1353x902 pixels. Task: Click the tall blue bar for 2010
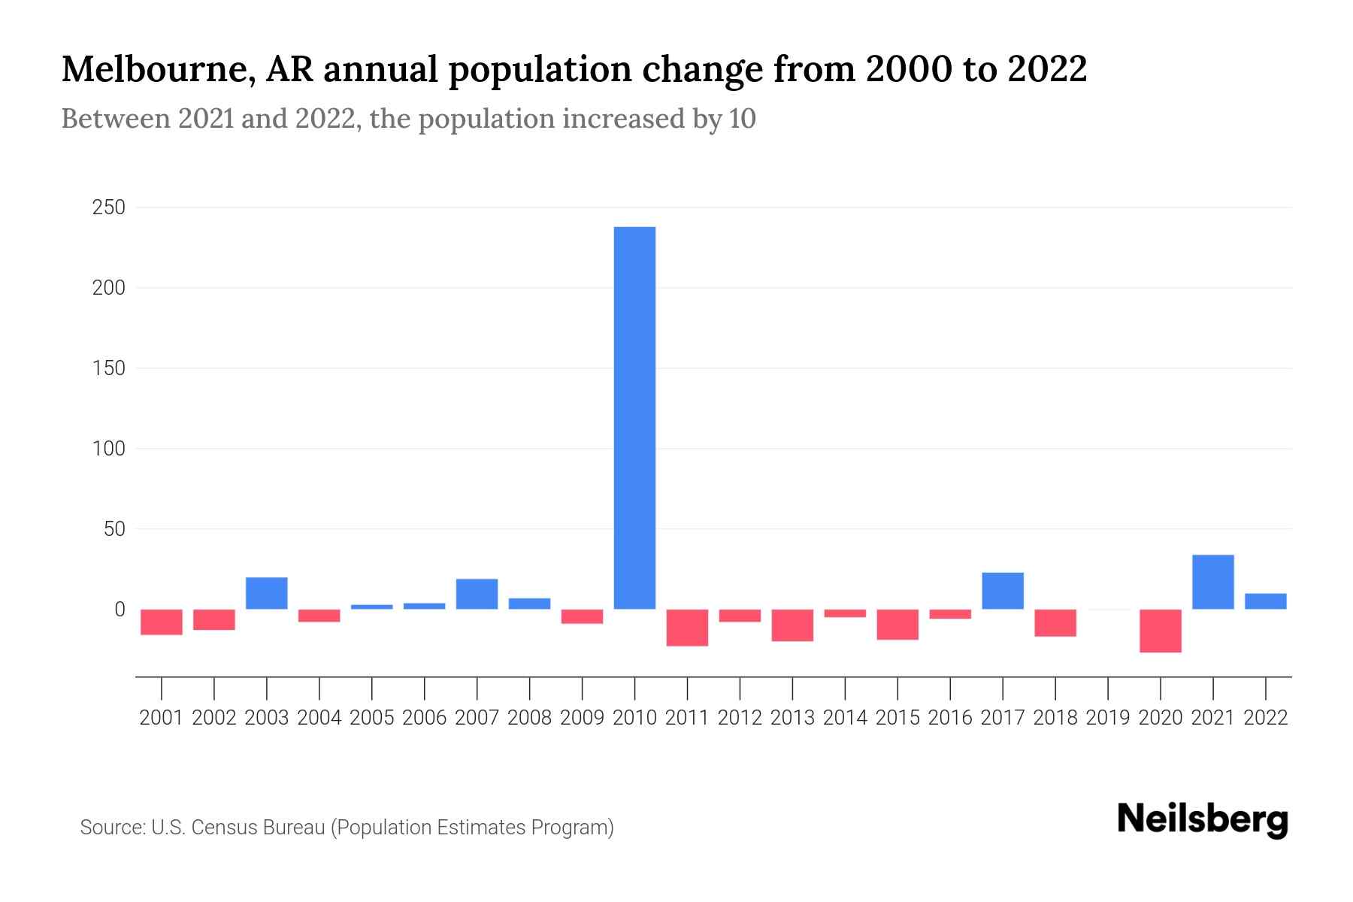coord(634,418)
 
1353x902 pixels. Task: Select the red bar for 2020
coord(1161,631)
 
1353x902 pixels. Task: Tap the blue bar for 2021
coord(1213,582)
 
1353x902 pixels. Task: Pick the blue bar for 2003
coord(267,593)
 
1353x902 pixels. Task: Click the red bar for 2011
coord(687,628)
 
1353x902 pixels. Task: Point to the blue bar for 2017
coord(1003,591)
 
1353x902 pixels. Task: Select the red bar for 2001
coord(162,622)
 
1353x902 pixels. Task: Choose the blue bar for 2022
coord(1266,601)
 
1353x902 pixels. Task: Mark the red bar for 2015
coord(897,625)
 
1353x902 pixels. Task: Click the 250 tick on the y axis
coord(108,207)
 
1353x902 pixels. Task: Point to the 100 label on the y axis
coord(108,449)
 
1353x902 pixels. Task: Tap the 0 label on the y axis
coord(119,610)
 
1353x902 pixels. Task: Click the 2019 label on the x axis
coord(1108,718)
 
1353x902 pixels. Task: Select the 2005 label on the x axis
coord(372,718)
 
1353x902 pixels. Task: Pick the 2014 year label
coord(845,718)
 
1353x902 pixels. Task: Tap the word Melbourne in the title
coord(151,69)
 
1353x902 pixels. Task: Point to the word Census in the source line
coord(222,828)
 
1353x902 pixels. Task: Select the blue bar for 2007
coord(477,594)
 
